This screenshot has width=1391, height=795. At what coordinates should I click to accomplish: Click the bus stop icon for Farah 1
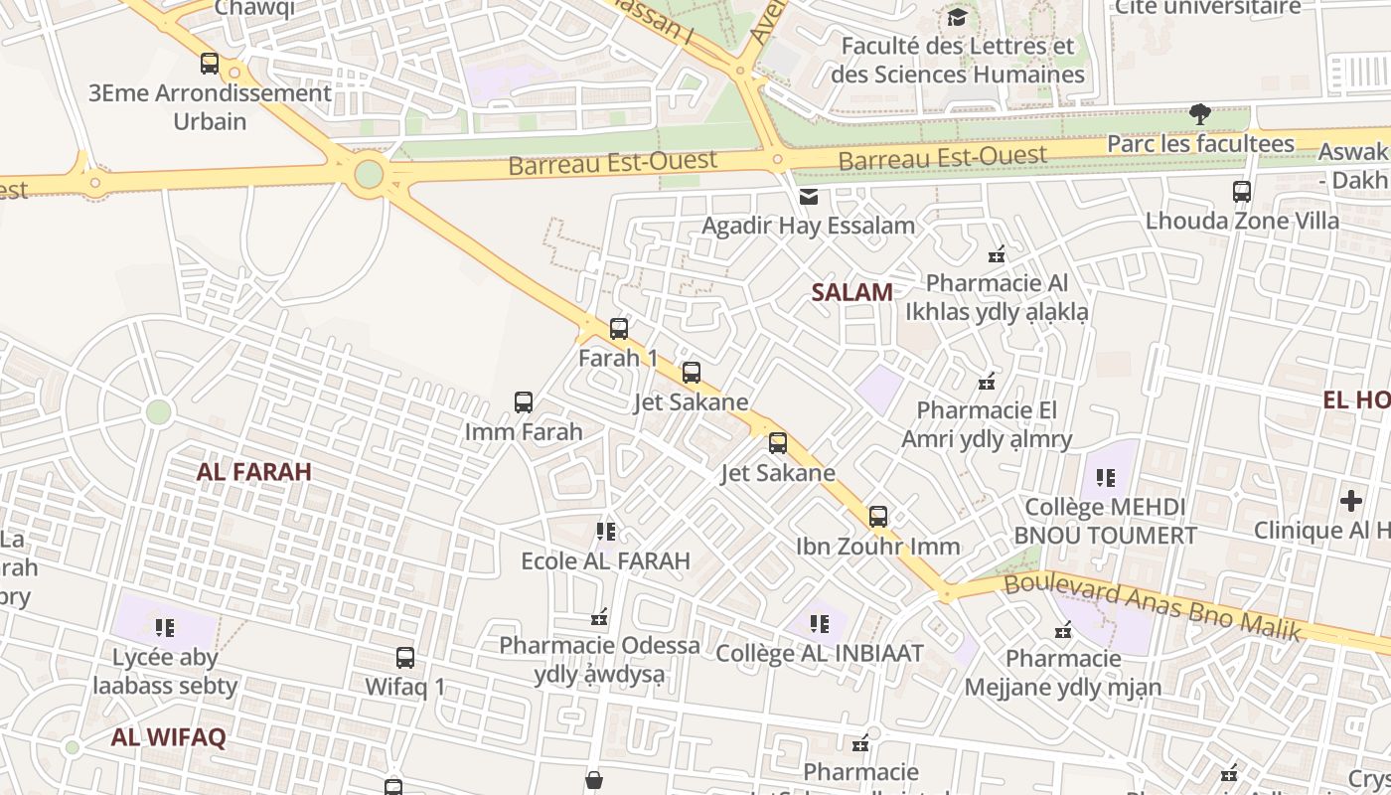coord(619,328)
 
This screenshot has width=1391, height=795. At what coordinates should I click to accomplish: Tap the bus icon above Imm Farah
coord(524,402)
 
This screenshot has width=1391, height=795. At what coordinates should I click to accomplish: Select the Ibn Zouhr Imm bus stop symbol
coord(878,517)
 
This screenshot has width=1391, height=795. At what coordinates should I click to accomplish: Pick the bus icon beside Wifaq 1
coord(405,658)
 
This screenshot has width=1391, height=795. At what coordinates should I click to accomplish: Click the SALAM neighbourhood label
coord(851,292)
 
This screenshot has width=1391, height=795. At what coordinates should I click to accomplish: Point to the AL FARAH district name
coord(254,472)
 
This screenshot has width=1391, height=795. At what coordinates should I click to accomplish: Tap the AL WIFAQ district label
coord(169,737)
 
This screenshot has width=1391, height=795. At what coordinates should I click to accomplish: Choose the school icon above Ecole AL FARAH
coord(606,532)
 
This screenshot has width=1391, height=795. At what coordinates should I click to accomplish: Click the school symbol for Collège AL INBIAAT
coord(820,624)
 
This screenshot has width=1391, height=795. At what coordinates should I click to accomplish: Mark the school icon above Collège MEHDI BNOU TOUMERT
coord(1105,478)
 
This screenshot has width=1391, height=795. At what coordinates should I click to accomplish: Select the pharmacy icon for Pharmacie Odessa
coord(599,618)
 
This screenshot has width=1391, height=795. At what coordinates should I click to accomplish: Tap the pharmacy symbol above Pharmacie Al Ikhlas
coord(997,254)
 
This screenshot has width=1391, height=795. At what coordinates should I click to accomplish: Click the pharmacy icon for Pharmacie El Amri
coord(987,382)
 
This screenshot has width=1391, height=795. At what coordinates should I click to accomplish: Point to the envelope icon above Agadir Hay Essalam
coord(810,197)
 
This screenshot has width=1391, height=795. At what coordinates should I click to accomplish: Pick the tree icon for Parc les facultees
coord(1200,114)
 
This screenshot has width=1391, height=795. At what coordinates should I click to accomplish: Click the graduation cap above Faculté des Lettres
coord(957,18)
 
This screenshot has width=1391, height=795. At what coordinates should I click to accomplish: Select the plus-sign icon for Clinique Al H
coord(1351,501)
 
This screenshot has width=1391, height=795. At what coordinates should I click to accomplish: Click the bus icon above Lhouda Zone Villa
coord(1242,192)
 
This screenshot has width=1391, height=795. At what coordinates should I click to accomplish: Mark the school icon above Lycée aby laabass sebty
coord(165,628)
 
